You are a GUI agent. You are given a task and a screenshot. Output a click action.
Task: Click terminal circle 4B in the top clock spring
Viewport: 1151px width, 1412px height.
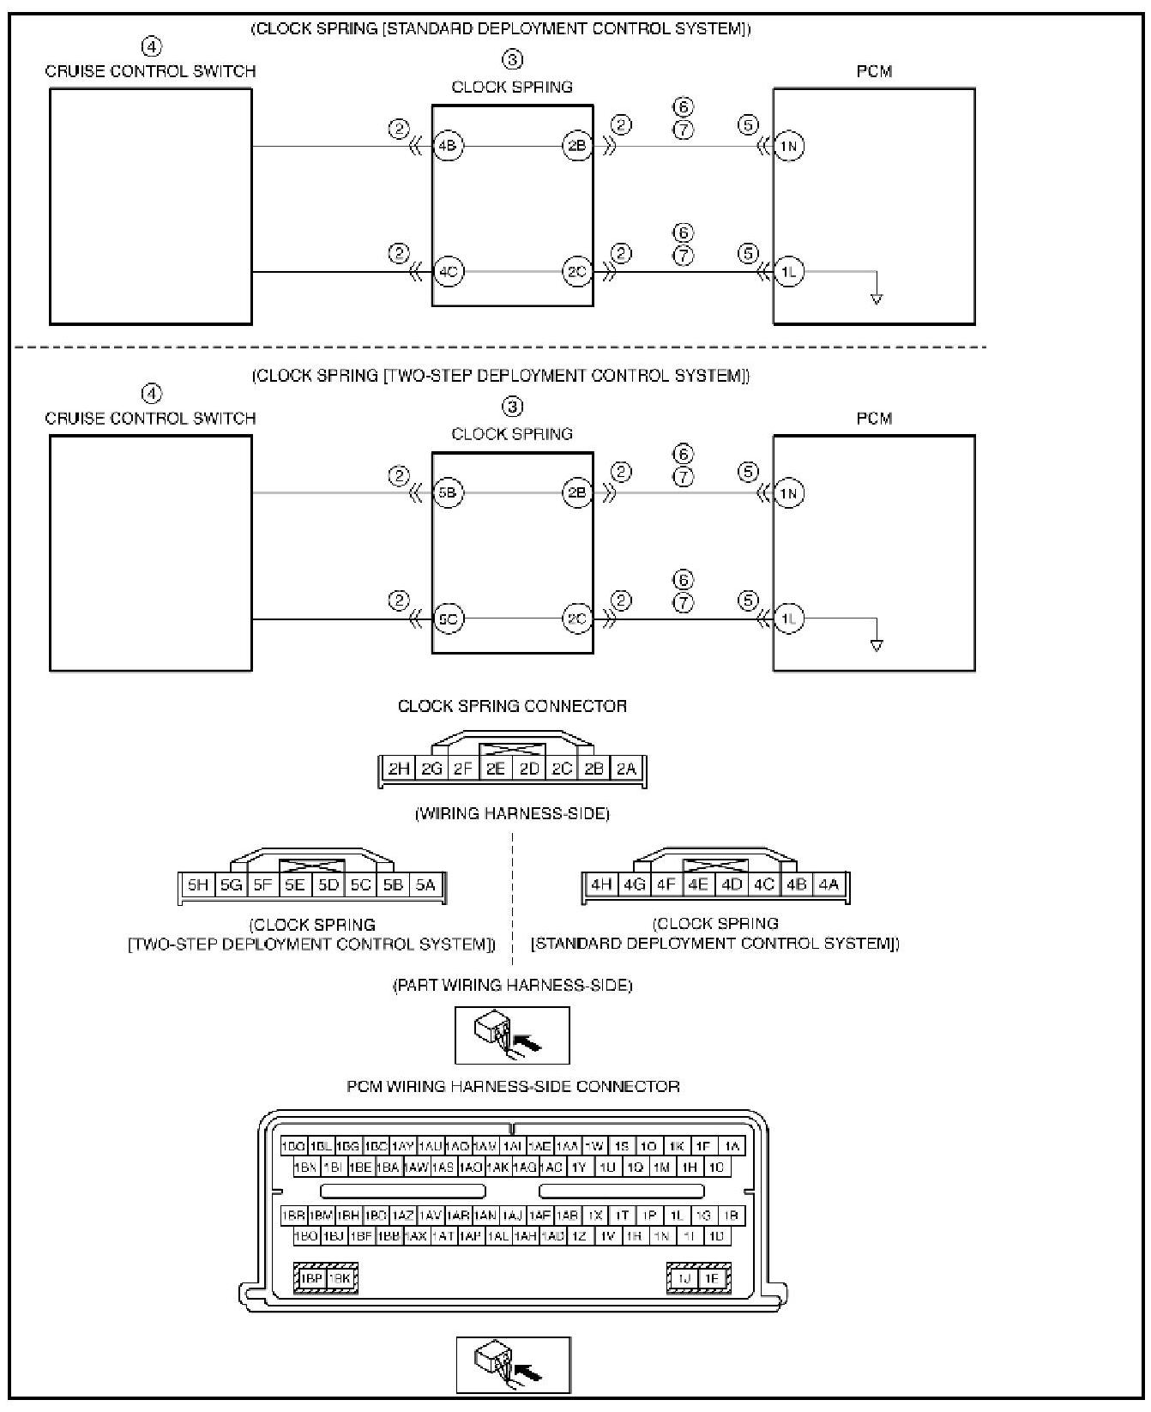coord(448,146)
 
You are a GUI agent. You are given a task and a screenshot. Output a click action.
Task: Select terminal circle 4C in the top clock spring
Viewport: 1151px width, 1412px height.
coord(448,273)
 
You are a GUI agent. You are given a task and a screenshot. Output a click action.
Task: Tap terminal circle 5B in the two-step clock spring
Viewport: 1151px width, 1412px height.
coord(448,493)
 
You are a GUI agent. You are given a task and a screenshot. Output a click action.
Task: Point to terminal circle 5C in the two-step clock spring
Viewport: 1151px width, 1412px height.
coord(448,619)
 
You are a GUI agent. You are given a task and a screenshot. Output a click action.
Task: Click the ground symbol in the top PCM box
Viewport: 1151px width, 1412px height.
coord(876,299)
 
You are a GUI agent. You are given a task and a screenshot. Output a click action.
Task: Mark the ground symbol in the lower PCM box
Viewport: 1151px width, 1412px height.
coord(876,645)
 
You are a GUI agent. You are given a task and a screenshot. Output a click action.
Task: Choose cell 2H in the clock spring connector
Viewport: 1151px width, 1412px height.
coord(399,769)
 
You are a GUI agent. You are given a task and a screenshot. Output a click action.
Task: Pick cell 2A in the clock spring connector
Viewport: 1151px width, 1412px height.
coord(627,769)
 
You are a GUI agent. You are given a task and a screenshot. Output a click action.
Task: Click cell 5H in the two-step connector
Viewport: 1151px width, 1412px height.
coord(198,885)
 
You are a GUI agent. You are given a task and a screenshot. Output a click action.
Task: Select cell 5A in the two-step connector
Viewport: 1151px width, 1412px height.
coord(426,885)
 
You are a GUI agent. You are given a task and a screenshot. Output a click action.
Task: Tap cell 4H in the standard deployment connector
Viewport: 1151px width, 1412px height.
coord(601,884)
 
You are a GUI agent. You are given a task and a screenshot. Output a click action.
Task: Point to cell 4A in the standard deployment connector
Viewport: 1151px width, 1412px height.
coord(829,884)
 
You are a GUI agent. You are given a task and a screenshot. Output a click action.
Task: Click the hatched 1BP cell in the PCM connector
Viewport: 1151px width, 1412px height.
coord(310,1278)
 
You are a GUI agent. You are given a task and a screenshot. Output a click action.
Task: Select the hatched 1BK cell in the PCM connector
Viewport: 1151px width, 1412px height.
coord(340,1278)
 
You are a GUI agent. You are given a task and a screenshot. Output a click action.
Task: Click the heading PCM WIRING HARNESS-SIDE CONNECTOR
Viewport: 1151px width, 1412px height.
coord(513,1086)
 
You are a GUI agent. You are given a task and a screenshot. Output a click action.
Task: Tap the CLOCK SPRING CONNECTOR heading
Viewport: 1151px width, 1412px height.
coord(512,706)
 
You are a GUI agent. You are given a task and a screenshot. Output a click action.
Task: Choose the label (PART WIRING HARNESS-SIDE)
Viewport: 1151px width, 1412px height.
coord(512,985)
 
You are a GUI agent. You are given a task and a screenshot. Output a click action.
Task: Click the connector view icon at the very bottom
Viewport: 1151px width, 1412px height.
coord(513,1364)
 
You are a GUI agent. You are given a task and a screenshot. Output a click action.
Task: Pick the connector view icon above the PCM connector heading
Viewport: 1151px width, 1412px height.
coord(512,1035)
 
